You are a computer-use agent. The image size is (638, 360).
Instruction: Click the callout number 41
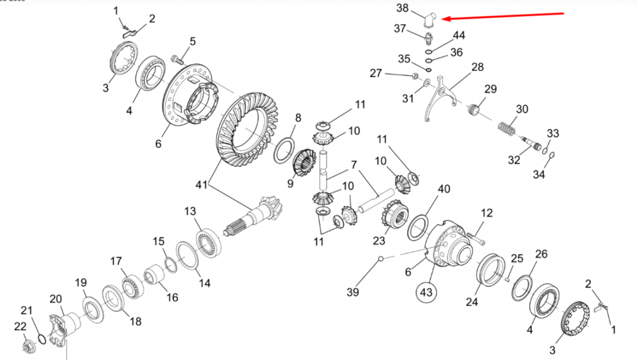202,184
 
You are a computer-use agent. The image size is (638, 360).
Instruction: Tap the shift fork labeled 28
440,96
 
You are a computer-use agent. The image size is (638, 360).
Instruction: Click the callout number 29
490,88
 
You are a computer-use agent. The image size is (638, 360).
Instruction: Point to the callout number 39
353,292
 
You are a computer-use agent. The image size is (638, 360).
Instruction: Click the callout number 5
192,42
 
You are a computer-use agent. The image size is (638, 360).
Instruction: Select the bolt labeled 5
177,60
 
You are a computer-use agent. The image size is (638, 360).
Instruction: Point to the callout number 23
380,241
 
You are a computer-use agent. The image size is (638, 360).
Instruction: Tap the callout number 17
115,261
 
